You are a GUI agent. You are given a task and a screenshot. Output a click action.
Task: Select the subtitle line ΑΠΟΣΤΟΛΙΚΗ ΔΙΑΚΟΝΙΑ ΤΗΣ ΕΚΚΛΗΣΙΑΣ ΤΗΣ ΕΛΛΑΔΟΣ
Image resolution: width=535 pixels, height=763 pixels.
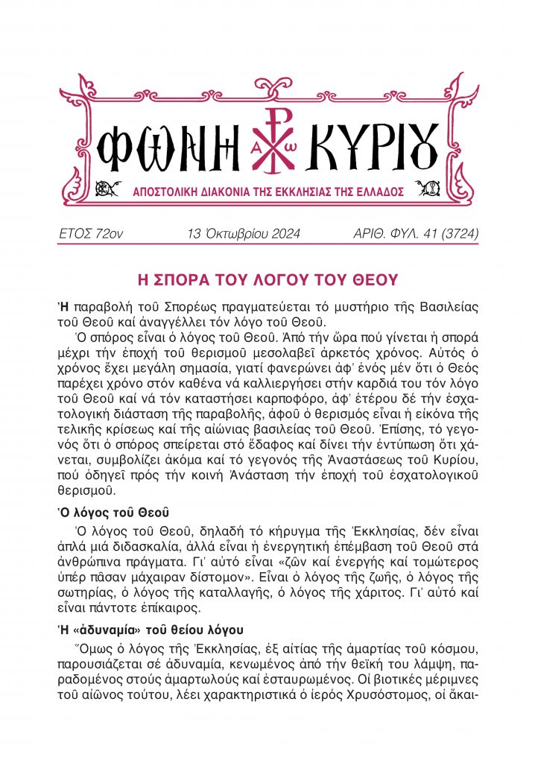point(267,191)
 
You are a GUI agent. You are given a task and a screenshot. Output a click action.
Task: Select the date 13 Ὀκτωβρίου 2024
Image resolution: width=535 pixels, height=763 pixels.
point(244,234)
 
